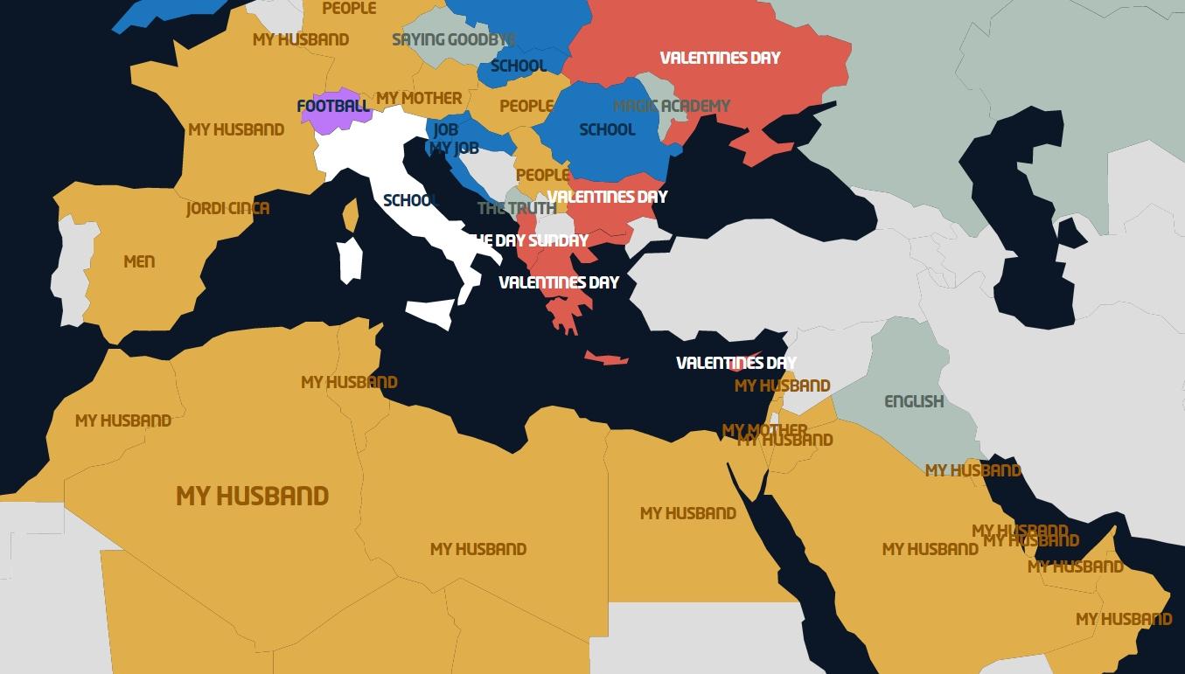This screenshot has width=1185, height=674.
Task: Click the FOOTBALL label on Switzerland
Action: pyautogui.click(x=333, y=107)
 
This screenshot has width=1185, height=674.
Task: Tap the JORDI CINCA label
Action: pyautogui.click(x=227, y=209)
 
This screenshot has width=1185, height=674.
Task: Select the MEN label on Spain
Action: pyautogui.click(x=139, y=261)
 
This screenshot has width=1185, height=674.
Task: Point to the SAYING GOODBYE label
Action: pyautogui.click(x=453, y=39)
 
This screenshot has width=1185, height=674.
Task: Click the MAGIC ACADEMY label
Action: pyautogui.click(x=672, y=106)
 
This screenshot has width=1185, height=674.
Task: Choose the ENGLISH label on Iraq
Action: pyautogui.click(x=914, y=401)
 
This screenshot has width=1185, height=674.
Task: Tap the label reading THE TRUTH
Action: pyautogui.click(x=516, y=208)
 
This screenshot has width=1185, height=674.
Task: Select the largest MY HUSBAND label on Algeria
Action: pyautogui.click(x=252, y=497)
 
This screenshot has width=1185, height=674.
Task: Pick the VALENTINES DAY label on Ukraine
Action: pyautogui.click(x=720, y=58)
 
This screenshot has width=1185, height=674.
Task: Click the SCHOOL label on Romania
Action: pyautogui.click(x=607, y=129)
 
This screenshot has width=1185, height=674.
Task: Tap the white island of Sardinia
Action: pyautogui.click(x=350, y=260)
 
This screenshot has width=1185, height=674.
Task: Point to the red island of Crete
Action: pyautogui.click(x=606, y=358)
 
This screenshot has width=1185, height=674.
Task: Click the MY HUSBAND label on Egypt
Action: pyautogui.click(x=687, y=513)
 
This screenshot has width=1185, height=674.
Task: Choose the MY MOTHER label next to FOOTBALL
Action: pyautogui.click(x=419, y=98)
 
